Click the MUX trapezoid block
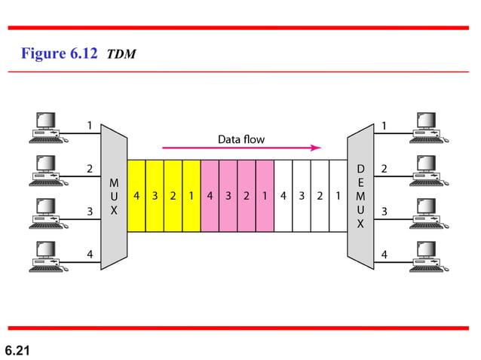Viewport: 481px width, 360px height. point(114,196)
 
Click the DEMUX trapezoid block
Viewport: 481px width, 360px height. point(360,196)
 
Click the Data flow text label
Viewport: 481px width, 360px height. point(241,139)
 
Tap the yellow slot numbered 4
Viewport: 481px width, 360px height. point(136,196)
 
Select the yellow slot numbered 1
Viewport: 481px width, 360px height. point(191,196)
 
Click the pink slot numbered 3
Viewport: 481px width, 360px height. point(228,196)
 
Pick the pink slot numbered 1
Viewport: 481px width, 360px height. point(265,196)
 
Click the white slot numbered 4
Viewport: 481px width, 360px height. point(283,196)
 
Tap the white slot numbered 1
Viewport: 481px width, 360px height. point(338,196)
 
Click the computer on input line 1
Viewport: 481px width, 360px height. point(45,127)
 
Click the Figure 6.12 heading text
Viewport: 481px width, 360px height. point(60,54)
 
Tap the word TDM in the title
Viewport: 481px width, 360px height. point(121,55)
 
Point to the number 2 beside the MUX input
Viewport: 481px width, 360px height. point(90,169)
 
